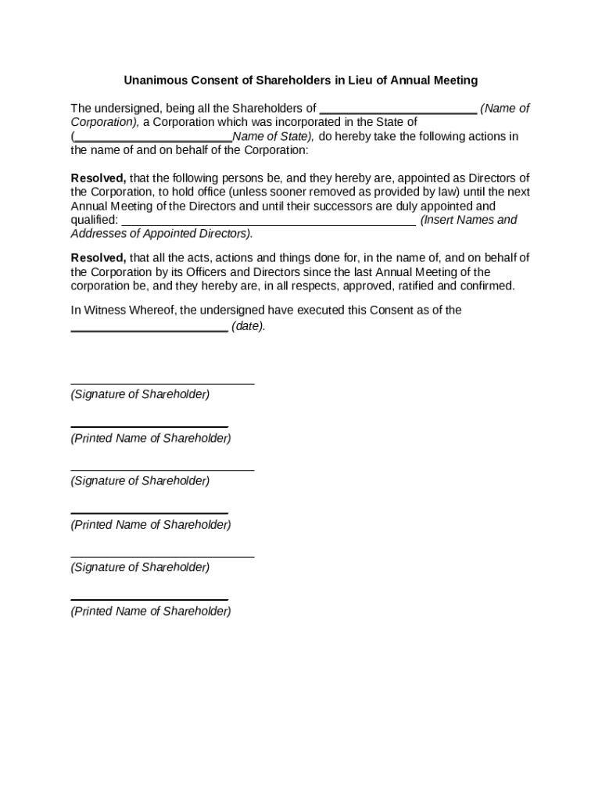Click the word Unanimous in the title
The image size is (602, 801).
pos(154,81)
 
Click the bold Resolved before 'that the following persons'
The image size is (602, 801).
pos(99,178)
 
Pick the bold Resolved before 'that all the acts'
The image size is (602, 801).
pos(99,257)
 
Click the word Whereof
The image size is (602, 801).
pos(151,310)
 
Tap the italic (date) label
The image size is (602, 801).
pos(249,326)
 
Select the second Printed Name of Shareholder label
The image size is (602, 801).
pos(151,524)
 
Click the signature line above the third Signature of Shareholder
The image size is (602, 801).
pos(163,557)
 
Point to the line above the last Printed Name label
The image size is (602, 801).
pos(149,600)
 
